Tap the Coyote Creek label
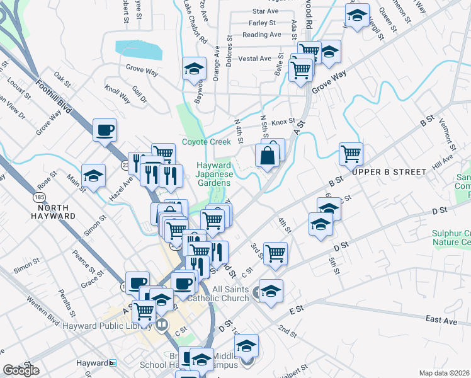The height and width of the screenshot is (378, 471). [207, 142]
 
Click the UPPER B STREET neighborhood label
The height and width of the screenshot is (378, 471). [385, 171]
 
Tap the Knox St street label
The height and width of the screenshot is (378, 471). [283, 122]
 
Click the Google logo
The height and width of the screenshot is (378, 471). [21, 370]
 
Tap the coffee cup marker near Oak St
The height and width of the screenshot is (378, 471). [105, 130]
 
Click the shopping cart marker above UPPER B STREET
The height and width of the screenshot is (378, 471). [351, 152]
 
